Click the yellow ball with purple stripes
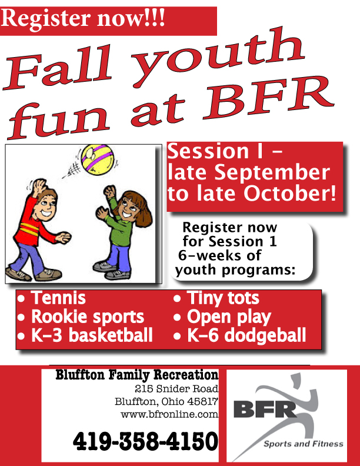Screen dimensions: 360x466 (x=98, y=160)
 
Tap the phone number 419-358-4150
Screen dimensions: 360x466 (x=145, y=441)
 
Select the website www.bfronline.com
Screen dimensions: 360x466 (x=169, y=414)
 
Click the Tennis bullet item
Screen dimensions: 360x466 (x=52, y=298)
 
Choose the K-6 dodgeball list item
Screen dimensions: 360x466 (x=239, y=335)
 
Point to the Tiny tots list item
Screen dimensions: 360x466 (x=216, y=298)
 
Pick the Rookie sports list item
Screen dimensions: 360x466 (x=81, y=317)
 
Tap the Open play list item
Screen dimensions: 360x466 (x=222, y=317)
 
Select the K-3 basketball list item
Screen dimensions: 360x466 (x=85, y=335)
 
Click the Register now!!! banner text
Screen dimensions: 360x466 (x=83, y=18)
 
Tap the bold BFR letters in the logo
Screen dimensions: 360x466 (x=265, y=410)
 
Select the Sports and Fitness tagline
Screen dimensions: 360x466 (x=304, y=444)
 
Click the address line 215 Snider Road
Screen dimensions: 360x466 (x=176, y=389)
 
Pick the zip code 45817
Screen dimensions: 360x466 (x=203, y=401)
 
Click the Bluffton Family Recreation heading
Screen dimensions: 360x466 (x=137, y=375)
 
